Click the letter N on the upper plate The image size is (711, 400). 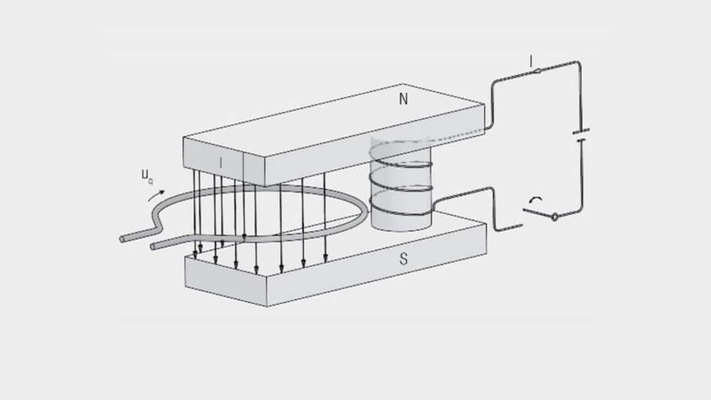[x=403, y=100]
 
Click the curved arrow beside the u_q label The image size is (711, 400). [x=156, y=194]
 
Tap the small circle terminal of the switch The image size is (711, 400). [x=555, y=217]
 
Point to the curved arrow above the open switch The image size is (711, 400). [x=535, y=201]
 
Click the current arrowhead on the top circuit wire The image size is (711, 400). [x=537, y=71]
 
